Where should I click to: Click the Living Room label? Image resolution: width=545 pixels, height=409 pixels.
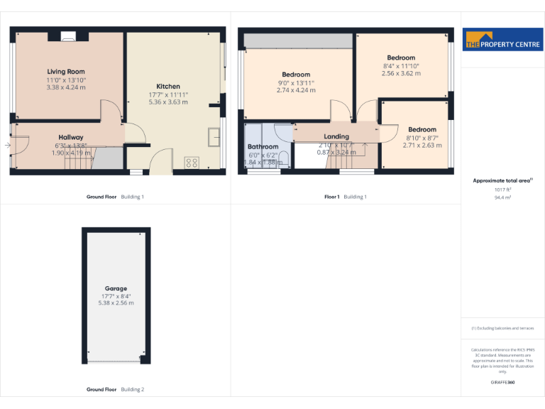[x=66, y=72]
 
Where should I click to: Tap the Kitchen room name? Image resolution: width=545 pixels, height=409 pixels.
[x=168, y=87]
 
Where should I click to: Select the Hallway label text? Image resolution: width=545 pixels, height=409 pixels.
[x=71, y=137]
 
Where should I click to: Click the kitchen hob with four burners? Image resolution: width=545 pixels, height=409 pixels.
[x=191, y=163]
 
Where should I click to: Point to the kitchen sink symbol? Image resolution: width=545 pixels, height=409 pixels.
[x=213, y=135]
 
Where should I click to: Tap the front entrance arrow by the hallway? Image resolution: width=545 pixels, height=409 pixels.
[x=6, y=146]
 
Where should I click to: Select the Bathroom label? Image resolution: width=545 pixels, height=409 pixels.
[x=263, y=147]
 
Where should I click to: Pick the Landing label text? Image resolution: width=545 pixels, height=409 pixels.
[x=336, y=136]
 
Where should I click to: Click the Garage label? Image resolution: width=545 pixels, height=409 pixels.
[x=116, y=288]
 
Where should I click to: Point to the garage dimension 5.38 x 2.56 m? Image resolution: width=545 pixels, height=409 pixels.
[x=116, y=303]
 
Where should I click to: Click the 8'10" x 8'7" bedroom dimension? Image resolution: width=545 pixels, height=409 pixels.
[x=422, y=138]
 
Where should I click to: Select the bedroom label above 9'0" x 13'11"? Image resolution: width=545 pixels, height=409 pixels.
[x=296, y=75]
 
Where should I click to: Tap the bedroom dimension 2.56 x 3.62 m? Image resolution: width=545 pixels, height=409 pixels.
[x=401, y=73]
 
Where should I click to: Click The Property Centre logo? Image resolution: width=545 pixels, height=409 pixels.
[x=502, y=40]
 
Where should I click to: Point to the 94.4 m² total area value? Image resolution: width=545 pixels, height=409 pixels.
[x=502, y=198]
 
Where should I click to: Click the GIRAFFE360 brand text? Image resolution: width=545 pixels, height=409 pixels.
[x=502, y=383]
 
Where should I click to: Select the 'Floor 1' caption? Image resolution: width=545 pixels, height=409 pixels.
[x=332, y=197]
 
